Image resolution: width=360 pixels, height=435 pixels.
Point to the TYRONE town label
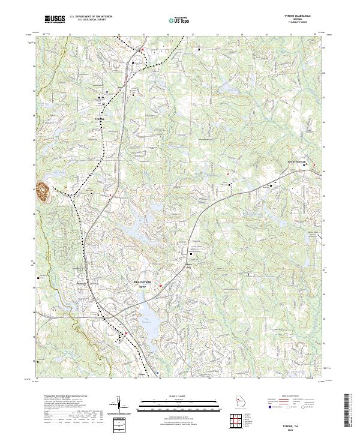pyautogui.click(x=100, y=119)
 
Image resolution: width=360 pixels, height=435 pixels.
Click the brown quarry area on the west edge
pyautogui.click(x=43, y=191)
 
